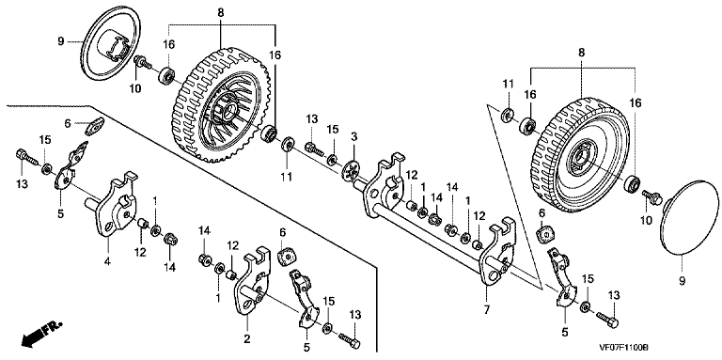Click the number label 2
coord(247,339)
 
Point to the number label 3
coord(354,136)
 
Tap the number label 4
coord(107,262)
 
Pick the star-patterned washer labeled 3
coord(353,171)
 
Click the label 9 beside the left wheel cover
coord(61,42)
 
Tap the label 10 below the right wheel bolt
coord(647,221)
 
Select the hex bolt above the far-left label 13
coord(27,157)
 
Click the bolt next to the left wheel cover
coord(142,62)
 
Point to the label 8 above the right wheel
coord(582,53)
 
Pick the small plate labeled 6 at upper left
coord(95,127)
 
